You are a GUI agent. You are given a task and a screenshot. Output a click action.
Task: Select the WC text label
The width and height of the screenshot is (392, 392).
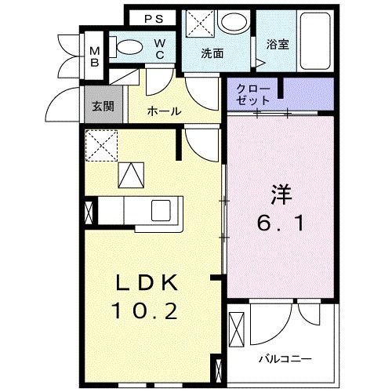[x=159, y=49]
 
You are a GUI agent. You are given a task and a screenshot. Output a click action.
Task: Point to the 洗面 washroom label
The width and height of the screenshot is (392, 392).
[x=212, y=55]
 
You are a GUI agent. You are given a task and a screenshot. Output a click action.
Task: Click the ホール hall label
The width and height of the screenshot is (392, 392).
[x=164, y=112]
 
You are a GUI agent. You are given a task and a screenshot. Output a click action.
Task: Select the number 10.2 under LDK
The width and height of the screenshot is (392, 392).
[x=149, y=313]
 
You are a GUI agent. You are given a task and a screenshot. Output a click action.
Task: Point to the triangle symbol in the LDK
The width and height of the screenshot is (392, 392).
[x=129, y=175]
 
